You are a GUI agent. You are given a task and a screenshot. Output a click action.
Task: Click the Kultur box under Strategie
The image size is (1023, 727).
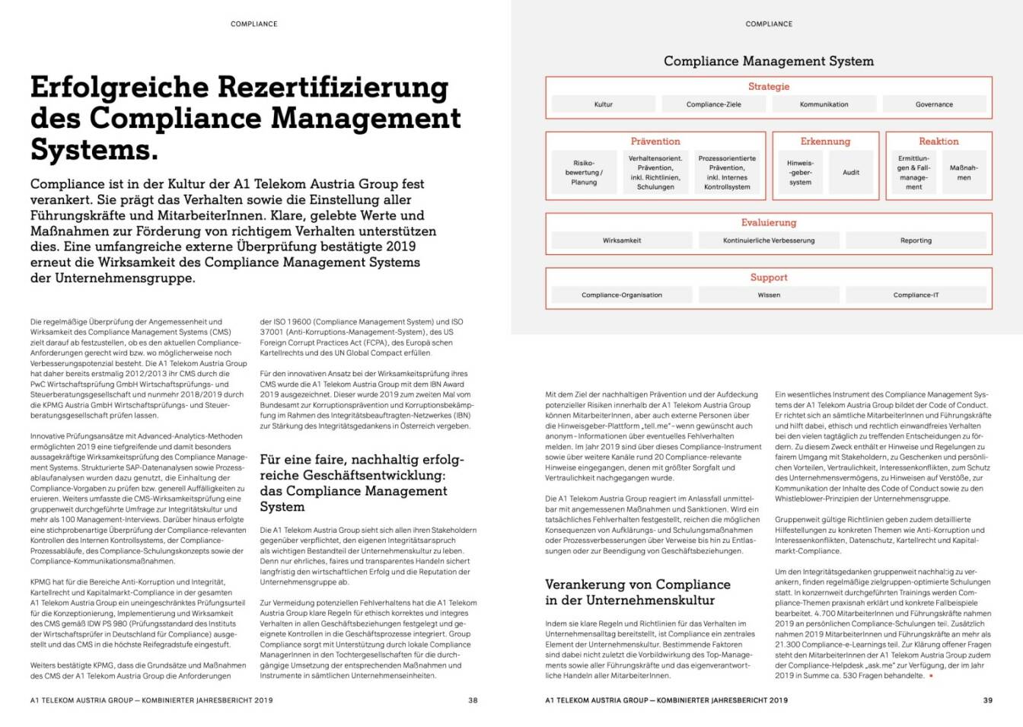(603, 104)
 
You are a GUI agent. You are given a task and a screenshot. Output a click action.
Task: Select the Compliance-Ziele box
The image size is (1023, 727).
(713, 104)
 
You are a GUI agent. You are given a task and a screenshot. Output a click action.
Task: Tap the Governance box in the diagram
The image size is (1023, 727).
(934, 104)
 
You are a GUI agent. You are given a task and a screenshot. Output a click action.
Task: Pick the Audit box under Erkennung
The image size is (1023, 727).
(850, 173)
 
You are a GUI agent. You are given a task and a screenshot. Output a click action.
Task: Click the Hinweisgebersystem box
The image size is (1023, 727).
(800, 173)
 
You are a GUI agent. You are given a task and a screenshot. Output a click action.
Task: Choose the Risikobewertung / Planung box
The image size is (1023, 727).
(584, 173)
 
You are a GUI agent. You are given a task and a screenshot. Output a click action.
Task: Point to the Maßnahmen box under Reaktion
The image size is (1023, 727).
(964, 173)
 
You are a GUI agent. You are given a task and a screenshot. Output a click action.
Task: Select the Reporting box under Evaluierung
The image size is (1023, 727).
(916, 241)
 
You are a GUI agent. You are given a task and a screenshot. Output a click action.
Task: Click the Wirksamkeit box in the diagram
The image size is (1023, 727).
(622, 241)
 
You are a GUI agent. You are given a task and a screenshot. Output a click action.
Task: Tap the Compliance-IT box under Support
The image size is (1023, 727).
(916, 295)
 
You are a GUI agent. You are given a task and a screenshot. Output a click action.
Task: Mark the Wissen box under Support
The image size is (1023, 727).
(769, 295)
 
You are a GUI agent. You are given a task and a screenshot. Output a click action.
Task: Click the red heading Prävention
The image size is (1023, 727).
(655, 142)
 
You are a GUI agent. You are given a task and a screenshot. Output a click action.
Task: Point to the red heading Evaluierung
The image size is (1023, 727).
(769, 223)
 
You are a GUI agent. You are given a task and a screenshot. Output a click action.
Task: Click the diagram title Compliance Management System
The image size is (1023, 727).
(769, 61)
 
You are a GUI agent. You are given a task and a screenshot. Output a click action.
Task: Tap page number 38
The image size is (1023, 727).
(473, 700)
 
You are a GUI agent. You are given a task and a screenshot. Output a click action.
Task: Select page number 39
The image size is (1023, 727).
(987, 700)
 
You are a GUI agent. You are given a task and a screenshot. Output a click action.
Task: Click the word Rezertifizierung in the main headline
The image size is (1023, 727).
(333, 88)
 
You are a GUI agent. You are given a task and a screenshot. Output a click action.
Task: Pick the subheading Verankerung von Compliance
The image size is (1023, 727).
(638, 585)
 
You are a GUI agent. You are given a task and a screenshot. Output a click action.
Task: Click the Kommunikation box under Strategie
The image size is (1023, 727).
(824, 104)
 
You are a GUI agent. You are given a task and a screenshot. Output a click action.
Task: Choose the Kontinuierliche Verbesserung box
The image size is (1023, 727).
(769, 241)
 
